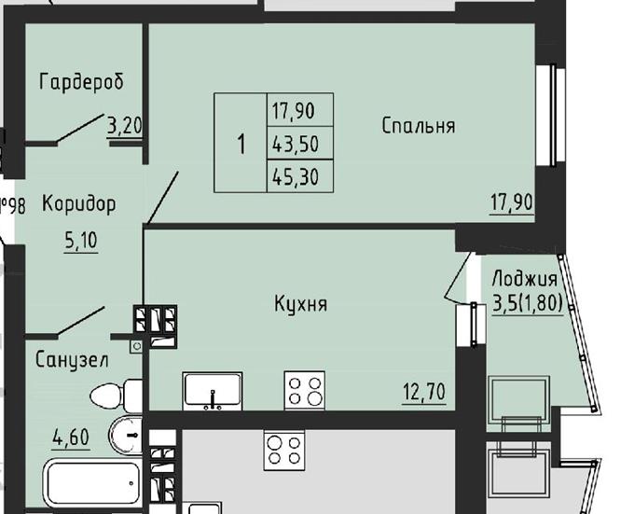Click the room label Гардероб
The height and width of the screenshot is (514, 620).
81,82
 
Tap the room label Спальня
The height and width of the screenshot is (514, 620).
419,126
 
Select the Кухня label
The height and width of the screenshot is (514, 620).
301,304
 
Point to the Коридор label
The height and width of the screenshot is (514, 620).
79,204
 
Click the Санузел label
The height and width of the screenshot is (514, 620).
72,360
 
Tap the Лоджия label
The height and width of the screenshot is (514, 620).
525,279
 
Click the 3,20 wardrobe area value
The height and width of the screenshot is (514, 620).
125,126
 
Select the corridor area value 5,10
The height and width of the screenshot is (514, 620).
81,240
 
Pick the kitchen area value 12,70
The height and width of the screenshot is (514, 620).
424,392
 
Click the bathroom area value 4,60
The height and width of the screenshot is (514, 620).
71,438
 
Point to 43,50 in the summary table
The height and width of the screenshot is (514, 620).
296,144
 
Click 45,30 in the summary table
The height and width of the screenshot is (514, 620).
296,176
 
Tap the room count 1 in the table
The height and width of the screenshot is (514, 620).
241,144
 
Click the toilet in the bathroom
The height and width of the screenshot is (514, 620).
117,396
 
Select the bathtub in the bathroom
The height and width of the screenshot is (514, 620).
92,482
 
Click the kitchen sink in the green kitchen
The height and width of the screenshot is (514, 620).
213,391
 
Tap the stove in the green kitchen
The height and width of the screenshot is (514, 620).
305,391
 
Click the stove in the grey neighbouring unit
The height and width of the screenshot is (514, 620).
284,451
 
